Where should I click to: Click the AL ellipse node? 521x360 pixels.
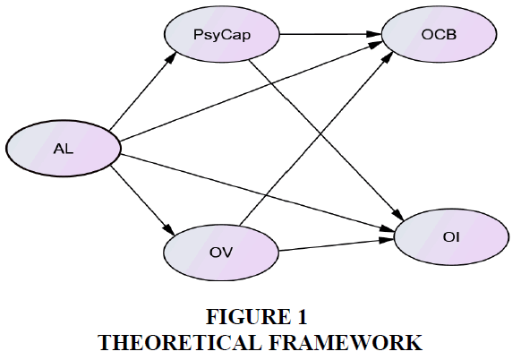[x=64, y=148]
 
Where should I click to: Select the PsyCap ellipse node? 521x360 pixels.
[x=222, y=34]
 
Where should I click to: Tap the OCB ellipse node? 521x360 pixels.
[x=439, y=34]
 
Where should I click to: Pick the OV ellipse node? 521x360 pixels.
[x=221, y=253]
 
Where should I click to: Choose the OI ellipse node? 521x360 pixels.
[x=451, y=237]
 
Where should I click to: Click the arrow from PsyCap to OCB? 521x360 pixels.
[x=330, y=34]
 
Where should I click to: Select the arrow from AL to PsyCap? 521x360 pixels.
[x=142, y=91]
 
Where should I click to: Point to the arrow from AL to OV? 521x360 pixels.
[x=142, y=201]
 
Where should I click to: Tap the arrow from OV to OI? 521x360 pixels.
[x=337, y=245]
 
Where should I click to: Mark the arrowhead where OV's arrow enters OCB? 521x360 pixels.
[x=387, y=58]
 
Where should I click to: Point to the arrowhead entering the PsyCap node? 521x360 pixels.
[x=170, y=58]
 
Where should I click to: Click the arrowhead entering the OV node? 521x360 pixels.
[x=169, y=230]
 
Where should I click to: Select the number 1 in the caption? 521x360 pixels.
[x=302, y=316]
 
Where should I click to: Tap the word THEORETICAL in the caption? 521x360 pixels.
[x=179, y=342]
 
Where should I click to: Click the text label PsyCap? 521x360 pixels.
[x=222, y=35]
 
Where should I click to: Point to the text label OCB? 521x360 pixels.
[x=439, y=34]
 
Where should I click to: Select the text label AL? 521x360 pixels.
[x=64, y=149]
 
